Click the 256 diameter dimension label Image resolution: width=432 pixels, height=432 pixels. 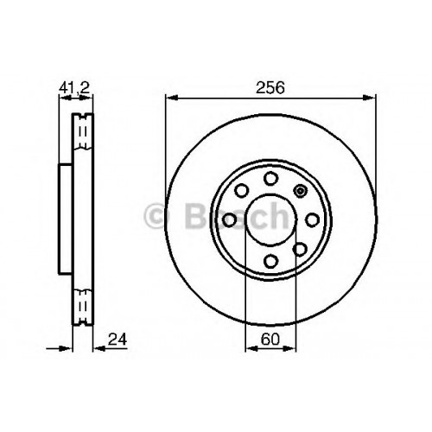270,87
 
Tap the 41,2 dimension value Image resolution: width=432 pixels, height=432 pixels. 74,87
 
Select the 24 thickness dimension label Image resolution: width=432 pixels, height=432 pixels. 118,340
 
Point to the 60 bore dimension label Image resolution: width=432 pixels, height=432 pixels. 270,340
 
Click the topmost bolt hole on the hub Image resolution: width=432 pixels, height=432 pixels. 270,179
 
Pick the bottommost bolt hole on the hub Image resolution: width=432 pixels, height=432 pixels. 270,261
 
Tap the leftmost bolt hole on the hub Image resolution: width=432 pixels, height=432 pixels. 230,220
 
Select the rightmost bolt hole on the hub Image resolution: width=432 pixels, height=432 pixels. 312,220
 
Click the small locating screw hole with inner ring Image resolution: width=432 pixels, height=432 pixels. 300,191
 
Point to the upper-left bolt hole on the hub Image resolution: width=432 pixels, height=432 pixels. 241,191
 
